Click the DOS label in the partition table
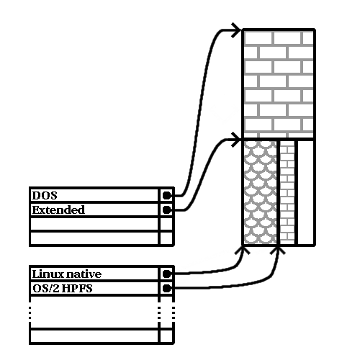[45, 196]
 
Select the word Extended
[58, 210]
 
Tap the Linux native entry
[67, 274]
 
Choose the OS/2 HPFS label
[63, 288]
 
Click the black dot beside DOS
[167, 196]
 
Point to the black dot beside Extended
[167, 210]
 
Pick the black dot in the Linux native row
[167, 274]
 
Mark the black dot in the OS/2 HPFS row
[167, 288]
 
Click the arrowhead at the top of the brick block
[236, 30]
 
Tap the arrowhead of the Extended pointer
[236, 140]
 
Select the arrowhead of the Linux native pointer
[243, 250]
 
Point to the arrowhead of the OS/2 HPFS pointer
[278, 250]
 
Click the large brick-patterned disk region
[279, 84]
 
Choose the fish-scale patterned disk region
[261, 192]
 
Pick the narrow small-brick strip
[287, 192]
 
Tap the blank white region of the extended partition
[305, 192]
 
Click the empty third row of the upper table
[94, 224]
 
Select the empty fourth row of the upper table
[94, 238]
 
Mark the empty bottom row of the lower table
[94, 336]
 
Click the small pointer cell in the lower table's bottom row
[166, 336]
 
